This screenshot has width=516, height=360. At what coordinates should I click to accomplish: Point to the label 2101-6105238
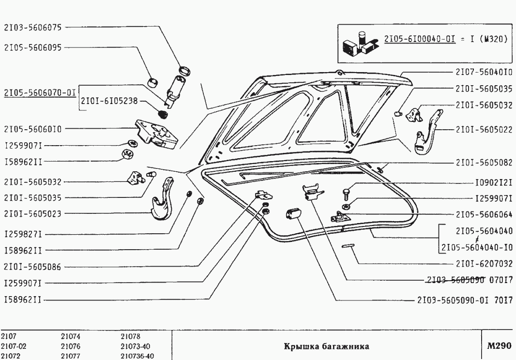(x=110, y=102)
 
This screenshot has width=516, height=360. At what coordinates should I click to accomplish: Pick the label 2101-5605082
(x=484, y=163)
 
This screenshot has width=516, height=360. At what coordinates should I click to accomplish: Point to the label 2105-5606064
(x=484, y=214)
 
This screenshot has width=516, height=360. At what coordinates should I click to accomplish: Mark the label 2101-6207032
(x=484, y=264)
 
